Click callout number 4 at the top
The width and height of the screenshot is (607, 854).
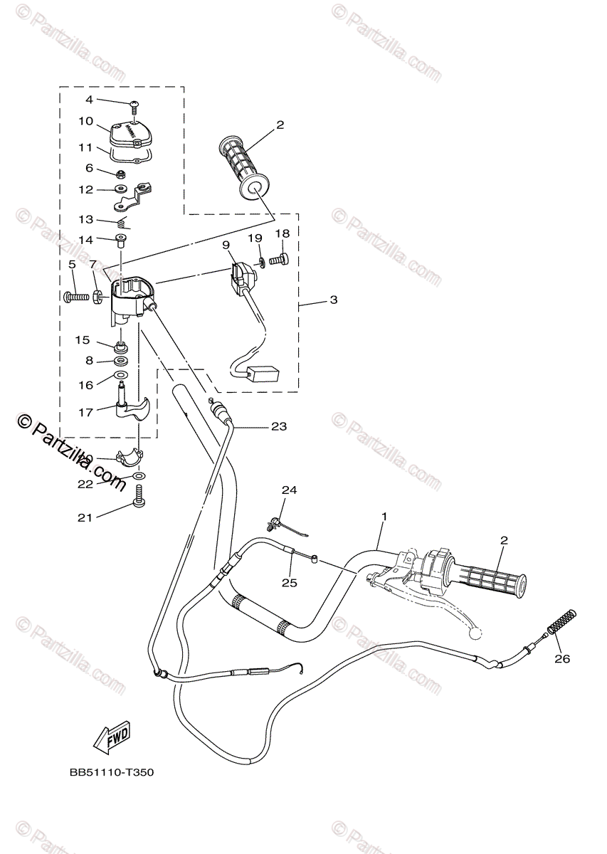click(89, 100)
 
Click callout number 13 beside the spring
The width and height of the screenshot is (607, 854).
click(85, 219)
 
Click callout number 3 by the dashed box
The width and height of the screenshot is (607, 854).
click(333, 300)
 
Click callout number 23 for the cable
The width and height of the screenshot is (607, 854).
click(278, 426)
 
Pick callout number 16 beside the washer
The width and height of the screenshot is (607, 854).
click(85, 385)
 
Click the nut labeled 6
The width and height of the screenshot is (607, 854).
click(122, 173)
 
